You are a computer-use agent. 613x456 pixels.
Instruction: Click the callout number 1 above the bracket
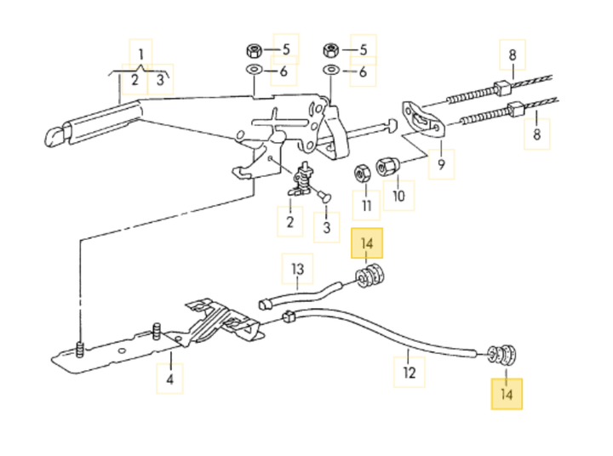(x=140, y=54)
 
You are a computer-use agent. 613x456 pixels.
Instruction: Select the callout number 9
(x=441, y=164)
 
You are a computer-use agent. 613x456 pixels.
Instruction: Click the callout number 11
(x=367, y=206)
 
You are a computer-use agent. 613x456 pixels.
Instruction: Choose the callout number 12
(x=409, y=372)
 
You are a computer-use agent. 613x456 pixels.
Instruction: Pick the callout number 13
(x=297, y=271)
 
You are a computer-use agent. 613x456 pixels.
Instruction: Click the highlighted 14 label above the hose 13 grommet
(x=368, y=244)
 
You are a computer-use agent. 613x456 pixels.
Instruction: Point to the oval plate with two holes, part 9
(x=421, y=117)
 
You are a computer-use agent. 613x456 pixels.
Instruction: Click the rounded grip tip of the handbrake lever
(x=54, y=133)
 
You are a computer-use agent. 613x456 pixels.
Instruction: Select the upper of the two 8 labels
(x=513, y=55)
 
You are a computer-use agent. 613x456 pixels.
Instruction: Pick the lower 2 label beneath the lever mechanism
(x=289, y=223)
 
